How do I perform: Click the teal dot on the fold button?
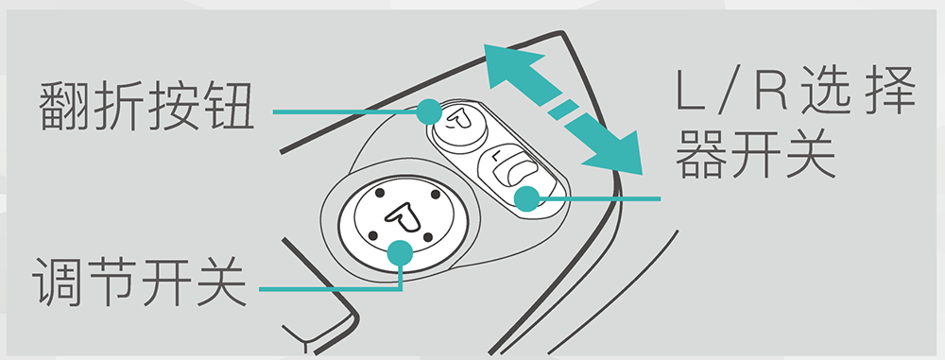pos(429,111)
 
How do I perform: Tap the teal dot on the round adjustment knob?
pos(400,253)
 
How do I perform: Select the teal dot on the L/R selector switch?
pos(526,198)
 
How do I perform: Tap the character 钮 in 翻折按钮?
pos(229,106)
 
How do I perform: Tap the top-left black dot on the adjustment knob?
pos(379,194)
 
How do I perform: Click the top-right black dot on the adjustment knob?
pos(436,194)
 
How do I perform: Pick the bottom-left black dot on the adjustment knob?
pos(371,235)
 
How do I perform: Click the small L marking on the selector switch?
pos(495,156)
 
